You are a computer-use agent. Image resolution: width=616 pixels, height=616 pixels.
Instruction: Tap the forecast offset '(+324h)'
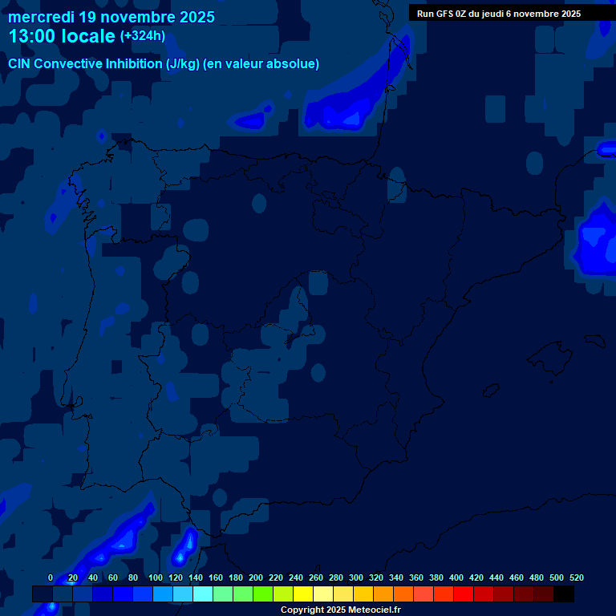[142, 35]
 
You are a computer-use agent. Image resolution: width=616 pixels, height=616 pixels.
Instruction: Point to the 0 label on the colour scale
[51, 577]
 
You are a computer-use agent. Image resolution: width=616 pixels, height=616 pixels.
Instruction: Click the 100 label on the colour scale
[156, 577]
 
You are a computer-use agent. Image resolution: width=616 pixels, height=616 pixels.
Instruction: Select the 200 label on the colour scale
[256, 577]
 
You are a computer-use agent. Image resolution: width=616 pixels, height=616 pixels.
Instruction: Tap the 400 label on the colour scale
[456, 577]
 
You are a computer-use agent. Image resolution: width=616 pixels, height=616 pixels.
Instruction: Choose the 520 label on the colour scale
[576, 577]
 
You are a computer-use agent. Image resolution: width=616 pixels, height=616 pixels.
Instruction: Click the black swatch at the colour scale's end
[564, 594]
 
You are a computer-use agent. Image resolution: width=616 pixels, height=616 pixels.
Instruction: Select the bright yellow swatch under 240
[303, 594]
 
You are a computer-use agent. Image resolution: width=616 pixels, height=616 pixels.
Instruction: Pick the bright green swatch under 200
[263, 594]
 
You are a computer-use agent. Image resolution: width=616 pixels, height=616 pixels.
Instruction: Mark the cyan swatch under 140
[203, 594]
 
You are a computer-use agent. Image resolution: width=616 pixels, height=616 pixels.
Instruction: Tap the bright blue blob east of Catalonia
[595, 241]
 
